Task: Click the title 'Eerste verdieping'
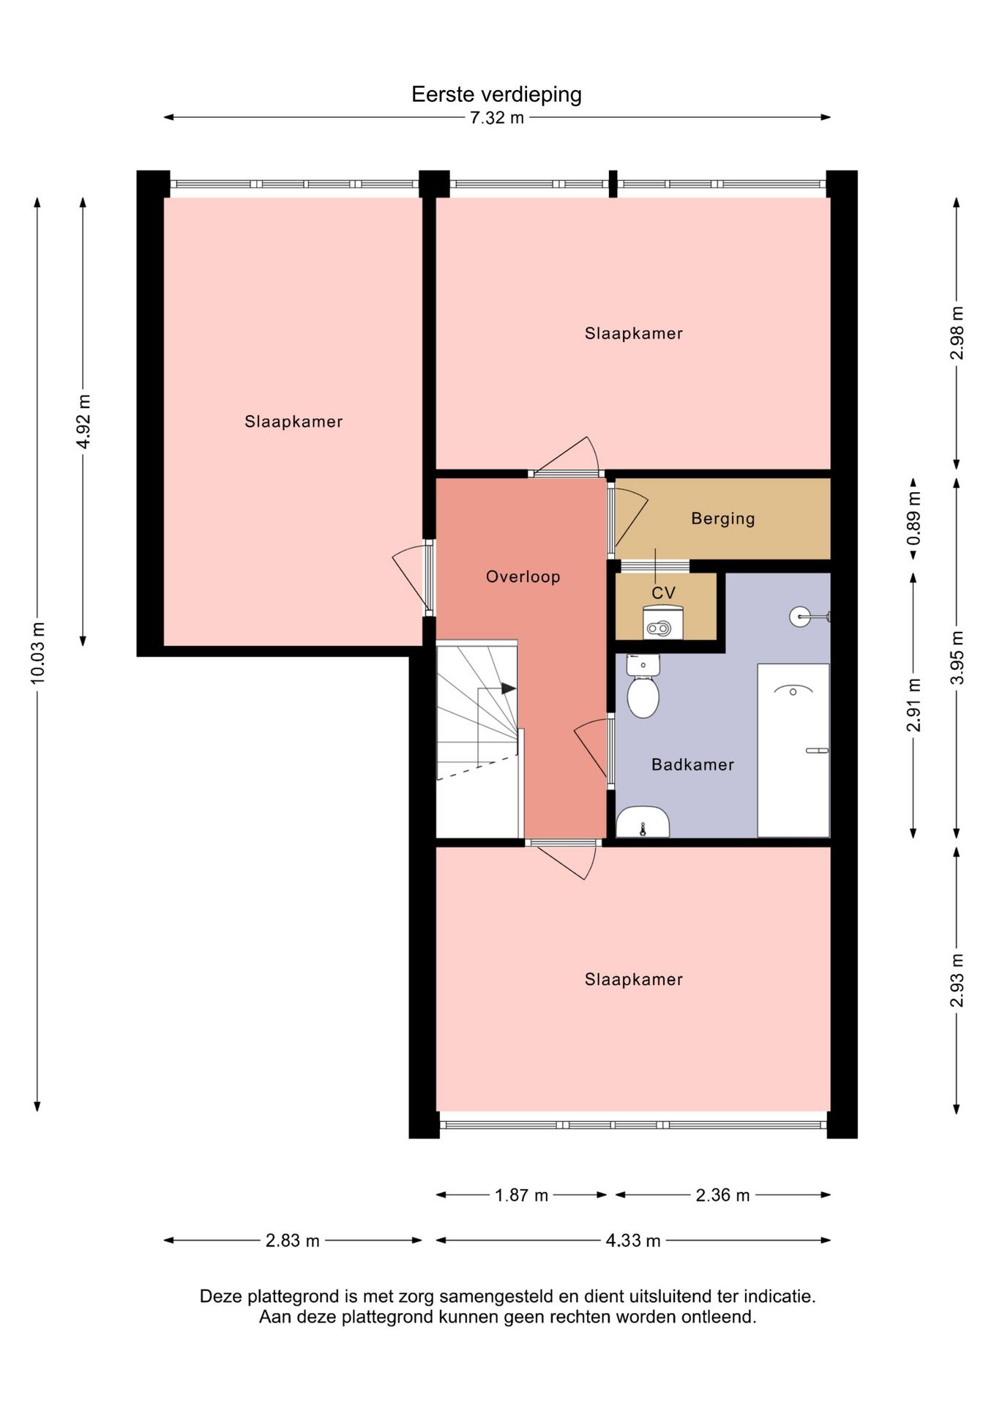coord(496,94)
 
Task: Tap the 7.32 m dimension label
coord(497,118)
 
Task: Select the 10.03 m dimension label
coord(37,653)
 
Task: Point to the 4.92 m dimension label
coord(83,422)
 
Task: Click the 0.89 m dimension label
coord(913,518)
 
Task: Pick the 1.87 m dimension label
coord(521,1195)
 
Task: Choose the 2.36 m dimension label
coord(722,1195)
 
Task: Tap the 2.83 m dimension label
coord(293,1241)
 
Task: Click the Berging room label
coord(723,518)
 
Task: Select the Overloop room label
coord(523,577)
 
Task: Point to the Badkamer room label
coord(692,765)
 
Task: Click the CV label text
coord(664,593)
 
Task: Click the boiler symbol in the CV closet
coord(662,623)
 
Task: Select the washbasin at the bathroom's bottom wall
coord(643,822)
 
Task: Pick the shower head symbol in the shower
coord(793,689)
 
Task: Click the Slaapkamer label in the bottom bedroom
coord(634,980)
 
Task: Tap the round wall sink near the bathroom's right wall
coord(800,617)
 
